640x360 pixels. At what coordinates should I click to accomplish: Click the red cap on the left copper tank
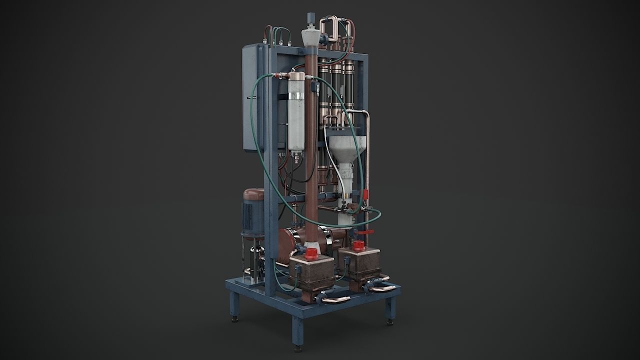(x=311, y=252)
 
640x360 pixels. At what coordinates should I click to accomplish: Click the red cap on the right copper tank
(x=358, y=245)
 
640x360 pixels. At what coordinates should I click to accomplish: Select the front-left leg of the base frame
(x=234, y=305)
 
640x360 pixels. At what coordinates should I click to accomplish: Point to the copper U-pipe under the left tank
(x=334, y=299)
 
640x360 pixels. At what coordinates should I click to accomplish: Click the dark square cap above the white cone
(x=310, y=16)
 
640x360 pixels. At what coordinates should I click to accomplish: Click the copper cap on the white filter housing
(x=297, y=78)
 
